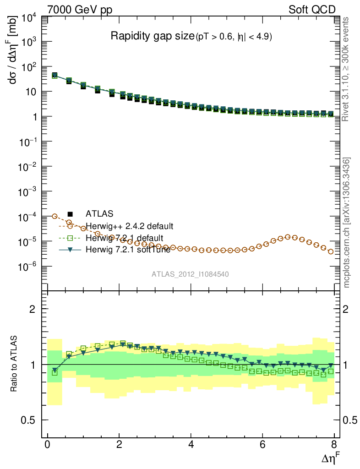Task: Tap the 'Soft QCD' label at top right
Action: tap(312, 10)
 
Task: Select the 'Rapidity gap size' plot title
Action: tap(153, 37)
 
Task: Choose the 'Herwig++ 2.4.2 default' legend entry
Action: tap(130, 226)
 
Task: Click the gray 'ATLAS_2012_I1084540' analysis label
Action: tap(190, 274)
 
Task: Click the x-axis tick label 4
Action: tap(191, 445)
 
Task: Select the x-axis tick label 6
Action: tap(262, 445)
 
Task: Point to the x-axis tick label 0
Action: tap(48, 445)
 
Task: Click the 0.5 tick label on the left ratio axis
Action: tap(30, 420)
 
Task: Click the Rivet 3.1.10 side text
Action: tap(347, 69)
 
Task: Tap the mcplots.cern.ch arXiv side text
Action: tap(347, 222)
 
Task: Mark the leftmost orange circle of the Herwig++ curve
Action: tap(55, 216)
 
